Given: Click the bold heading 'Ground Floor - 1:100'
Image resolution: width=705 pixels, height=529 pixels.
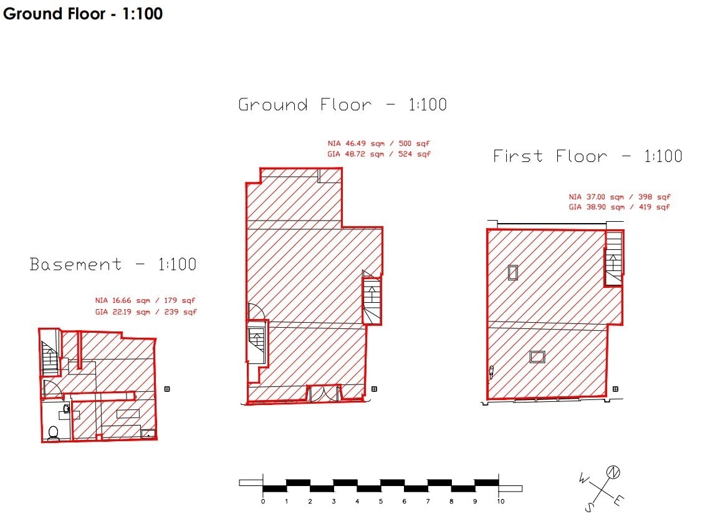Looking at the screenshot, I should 83,14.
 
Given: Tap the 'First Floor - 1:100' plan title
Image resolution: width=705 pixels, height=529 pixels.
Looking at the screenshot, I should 587,156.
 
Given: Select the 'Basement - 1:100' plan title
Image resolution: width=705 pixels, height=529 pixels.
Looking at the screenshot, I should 113,264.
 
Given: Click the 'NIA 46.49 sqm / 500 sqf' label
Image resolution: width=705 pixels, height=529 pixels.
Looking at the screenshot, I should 378,143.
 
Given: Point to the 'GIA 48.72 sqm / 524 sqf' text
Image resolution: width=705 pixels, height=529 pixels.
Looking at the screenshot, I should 378,154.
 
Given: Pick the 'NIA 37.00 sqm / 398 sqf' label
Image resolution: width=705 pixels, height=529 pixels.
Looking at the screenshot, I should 619,196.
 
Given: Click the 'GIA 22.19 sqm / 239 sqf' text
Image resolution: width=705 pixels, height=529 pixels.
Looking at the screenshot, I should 146,312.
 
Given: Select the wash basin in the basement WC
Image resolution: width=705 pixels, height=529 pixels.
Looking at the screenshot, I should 65,412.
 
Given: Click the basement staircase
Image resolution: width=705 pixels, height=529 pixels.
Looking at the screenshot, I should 49,360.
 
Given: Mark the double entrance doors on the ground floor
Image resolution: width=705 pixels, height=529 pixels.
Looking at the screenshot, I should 324,394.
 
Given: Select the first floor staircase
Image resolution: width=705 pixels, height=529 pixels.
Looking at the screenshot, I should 614,257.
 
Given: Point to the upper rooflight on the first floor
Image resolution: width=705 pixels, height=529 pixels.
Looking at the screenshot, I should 512,272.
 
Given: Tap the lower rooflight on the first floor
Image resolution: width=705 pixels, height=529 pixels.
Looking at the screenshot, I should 537,356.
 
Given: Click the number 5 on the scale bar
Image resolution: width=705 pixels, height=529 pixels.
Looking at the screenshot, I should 381,501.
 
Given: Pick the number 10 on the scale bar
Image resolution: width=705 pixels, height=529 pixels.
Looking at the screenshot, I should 499,501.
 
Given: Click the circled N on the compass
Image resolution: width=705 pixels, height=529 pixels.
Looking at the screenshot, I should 613,472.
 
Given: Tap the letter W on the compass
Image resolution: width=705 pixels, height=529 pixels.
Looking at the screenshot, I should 583,479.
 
